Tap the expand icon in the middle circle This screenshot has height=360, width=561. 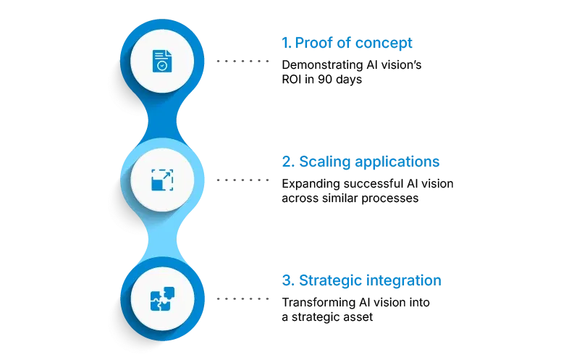click(x=163, y=178)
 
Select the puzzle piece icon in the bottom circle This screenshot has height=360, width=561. click(x=163, y=298)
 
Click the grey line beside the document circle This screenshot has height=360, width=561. click(x=242, y=61)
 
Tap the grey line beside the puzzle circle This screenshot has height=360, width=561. click(x=242, y=298)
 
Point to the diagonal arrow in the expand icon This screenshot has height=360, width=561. click(x=166, y=175)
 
